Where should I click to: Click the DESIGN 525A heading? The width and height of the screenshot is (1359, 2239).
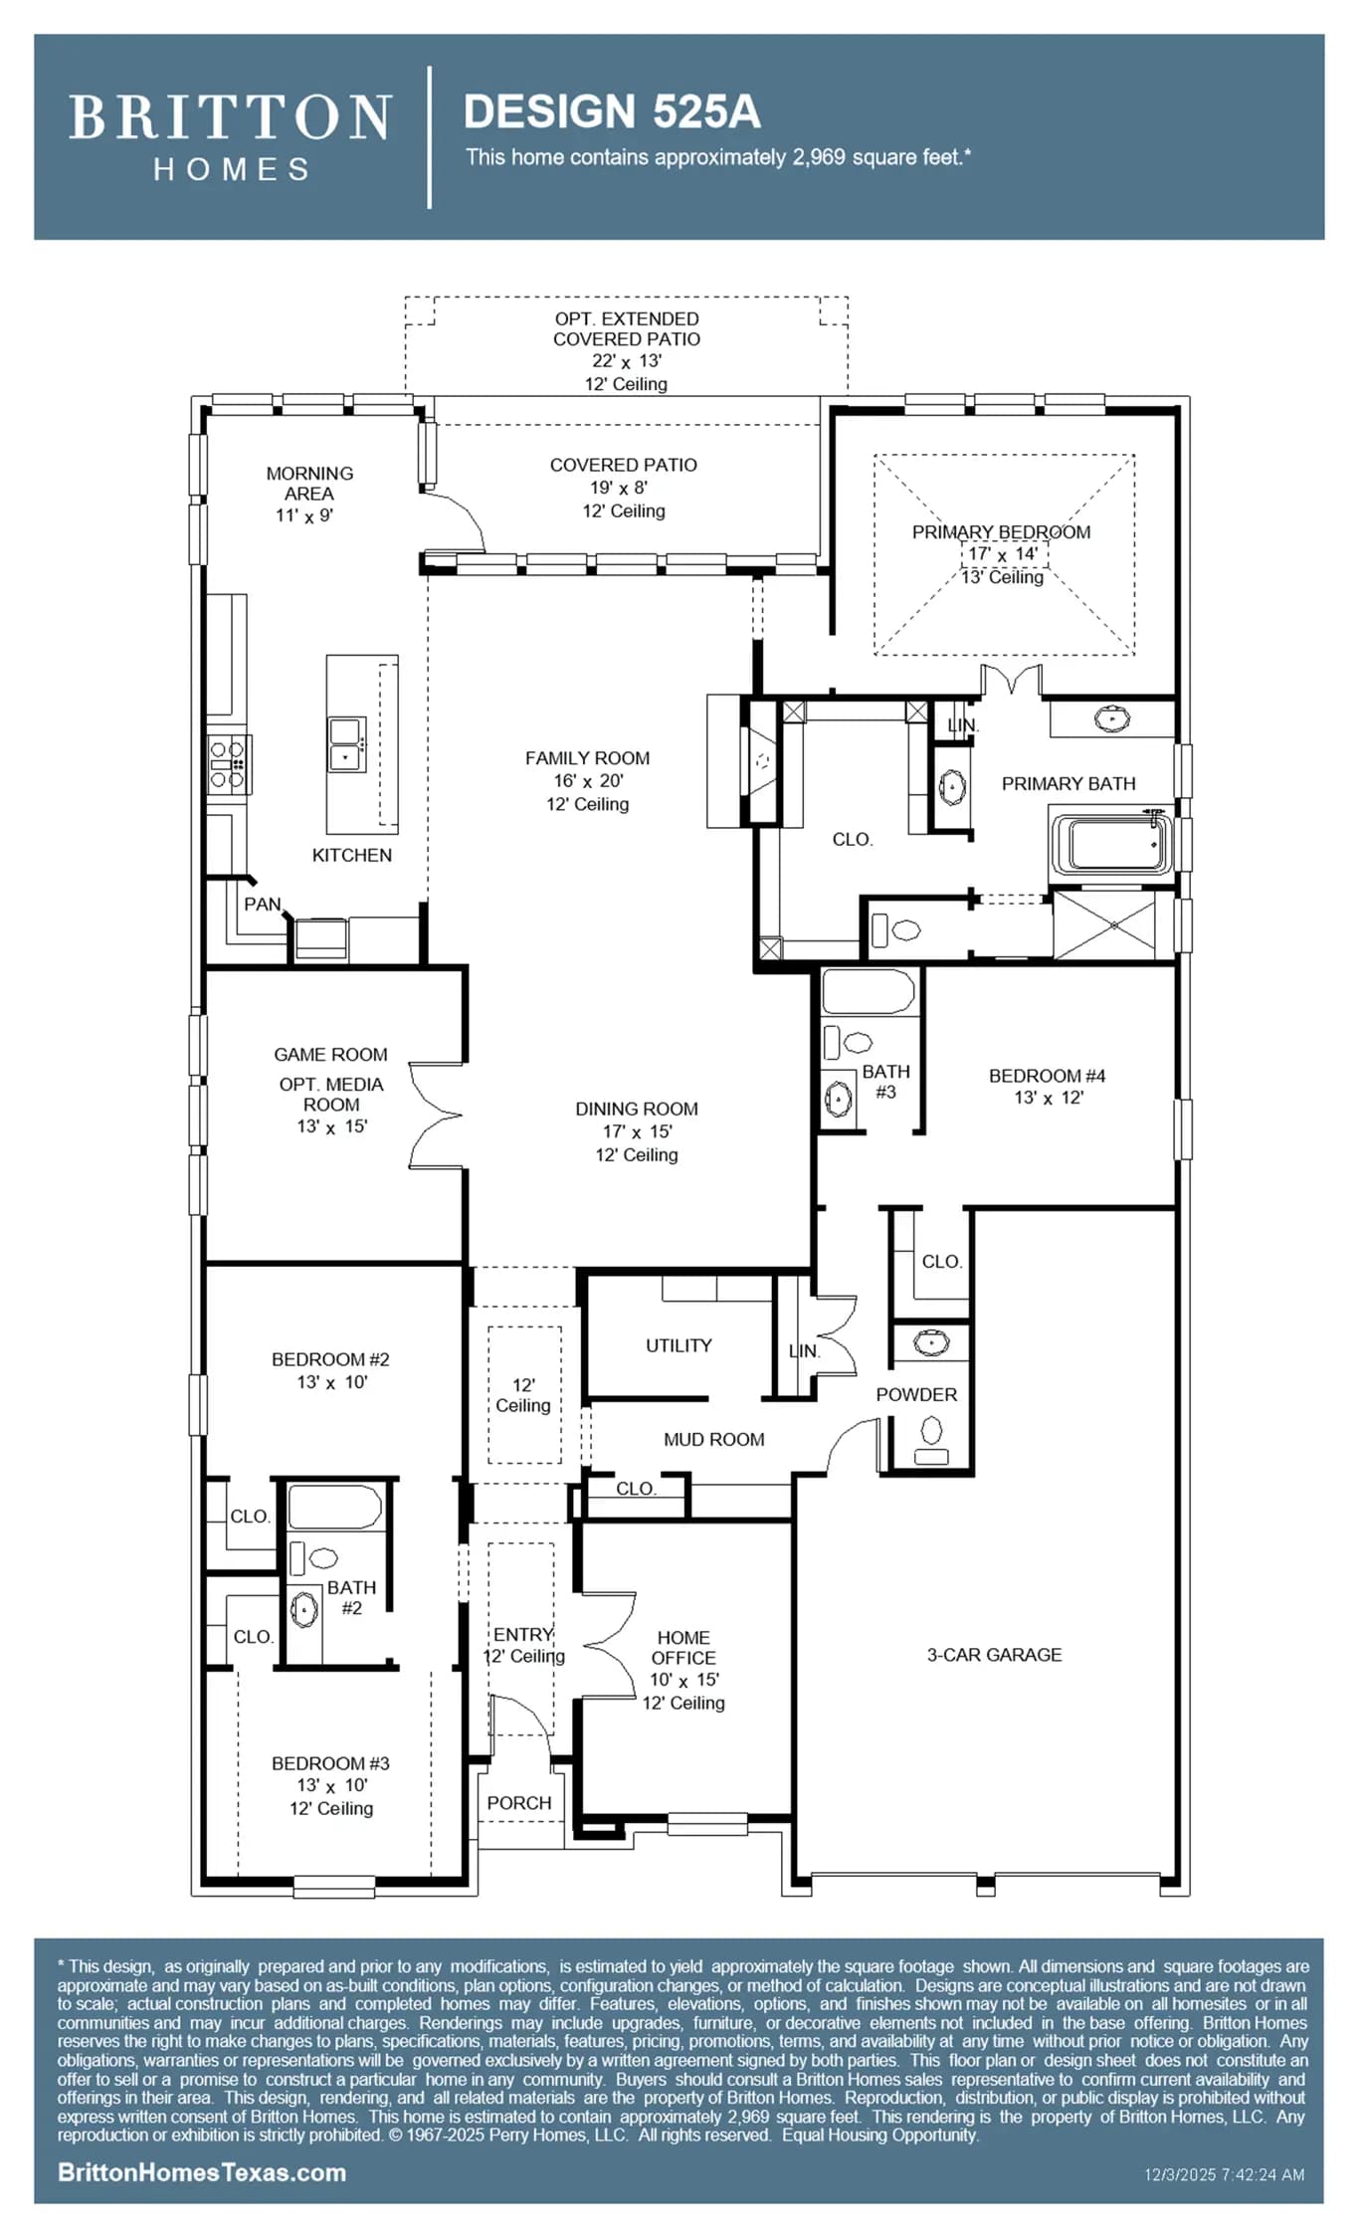point(612,111)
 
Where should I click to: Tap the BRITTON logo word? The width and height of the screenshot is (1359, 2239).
point(230,117)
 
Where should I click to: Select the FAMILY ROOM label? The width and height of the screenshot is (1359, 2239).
point(587,758)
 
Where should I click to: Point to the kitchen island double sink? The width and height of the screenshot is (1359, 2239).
point(347,744)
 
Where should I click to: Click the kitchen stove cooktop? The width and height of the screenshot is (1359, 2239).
point(228,764)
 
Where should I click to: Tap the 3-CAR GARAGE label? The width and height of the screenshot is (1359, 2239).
point(994,1655)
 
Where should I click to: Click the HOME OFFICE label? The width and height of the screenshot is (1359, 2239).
point(683,1648)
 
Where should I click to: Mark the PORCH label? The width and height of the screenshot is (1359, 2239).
point(518,1803)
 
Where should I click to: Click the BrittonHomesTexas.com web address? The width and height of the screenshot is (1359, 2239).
point(202,2172)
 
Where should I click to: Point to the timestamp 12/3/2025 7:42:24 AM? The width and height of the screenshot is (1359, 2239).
point(1224,2174)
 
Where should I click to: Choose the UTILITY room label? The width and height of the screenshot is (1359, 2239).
point(679,1345)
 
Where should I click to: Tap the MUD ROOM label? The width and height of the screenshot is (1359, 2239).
point(714,1439)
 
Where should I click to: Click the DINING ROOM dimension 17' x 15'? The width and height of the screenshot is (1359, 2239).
point(637,1131)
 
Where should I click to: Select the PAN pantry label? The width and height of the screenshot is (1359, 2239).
point(263,904)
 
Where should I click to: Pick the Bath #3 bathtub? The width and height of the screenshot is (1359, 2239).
point(869,992)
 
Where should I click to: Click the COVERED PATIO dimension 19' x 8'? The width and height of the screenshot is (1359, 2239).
point(619,488)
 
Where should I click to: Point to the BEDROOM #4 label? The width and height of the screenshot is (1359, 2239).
point(1047,1076)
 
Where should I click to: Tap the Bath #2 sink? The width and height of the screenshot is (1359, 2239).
point(303,1609)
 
